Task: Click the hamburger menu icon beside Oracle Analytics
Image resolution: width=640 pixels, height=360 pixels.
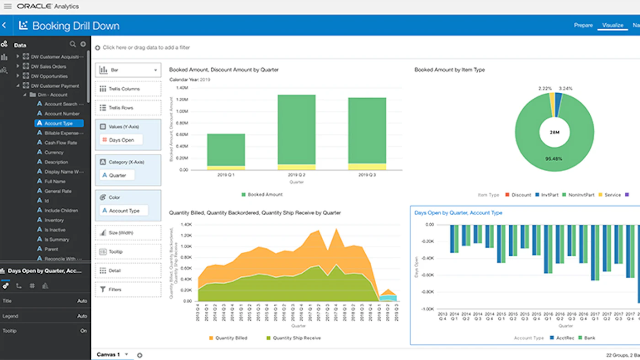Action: coord(7,6)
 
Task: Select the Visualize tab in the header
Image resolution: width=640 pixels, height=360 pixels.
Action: coord(613,25)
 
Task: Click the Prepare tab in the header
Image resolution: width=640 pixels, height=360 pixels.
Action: coord(583,25)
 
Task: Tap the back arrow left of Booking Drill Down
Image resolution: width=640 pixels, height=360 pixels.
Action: coord(4,26)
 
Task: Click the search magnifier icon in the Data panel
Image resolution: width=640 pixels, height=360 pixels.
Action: coord(73,44)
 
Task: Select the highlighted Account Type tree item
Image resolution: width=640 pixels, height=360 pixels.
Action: coord(59,123)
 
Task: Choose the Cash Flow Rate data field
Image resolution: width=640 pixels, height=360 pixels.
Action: coord(60,143)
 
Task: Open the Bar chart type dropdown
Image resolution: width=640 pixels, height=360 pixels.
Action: coord(128,70)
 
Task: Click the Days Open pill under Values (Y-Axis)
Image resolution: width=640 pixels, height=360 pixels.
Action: coord(121,140)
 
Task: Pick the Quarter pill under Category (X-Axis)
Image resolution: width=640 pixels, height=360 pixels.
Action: coord(117,175)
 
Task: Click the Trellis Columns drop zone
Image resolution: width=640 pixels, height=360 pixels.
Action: coord(128,89)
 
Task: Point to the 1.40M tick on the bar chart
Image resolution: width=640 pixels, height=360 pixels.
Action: coord(182,88)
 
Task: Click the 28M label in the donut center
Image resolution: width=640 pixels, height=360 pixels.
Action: coord(555,132)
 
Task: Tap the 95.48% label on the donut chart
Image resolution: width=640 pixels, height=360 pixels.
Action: coord(553,159)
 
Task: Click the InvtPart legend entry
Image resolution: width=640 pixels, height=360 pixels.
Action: coord(547,195)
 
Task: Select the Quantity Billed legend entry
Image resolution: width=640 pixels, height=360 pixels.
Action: coord(231,338)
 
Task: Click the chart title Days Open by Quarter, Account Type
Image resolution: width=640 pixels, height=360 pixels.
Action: coord(458,213)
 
